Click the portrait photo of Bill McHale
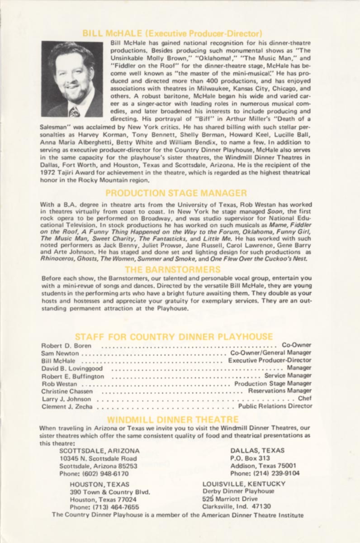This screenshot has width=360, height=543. click(72, 79)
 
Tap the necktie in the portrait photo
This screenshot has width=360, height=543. click(74, 111)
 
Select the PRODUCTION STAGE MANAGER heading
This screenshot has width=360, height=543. click(176, 193)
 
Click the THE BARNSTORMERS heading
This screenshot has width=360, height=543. click(176, 270)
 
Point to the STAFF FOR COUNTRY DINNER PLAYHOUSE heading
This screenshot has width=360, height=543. click(174, 337)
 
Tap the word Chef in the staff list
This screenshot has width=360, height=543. click(305, 399)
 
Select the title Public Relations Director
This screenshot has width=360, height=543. click(275, 406)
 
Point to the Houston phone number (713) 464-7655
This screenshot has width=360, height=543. click(104, 507)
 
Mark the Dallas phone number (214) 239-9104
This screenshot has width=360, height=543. click(265, 474)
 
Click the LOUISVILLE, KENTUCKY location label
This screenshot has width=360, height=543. click(244, 484)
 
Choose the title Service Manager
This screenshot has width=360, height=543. click(288, 376)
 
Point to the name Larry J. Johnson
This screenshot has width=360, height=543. click(66, 399)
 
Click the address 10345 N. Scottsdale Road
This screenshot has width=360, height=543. click(98, 458)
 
